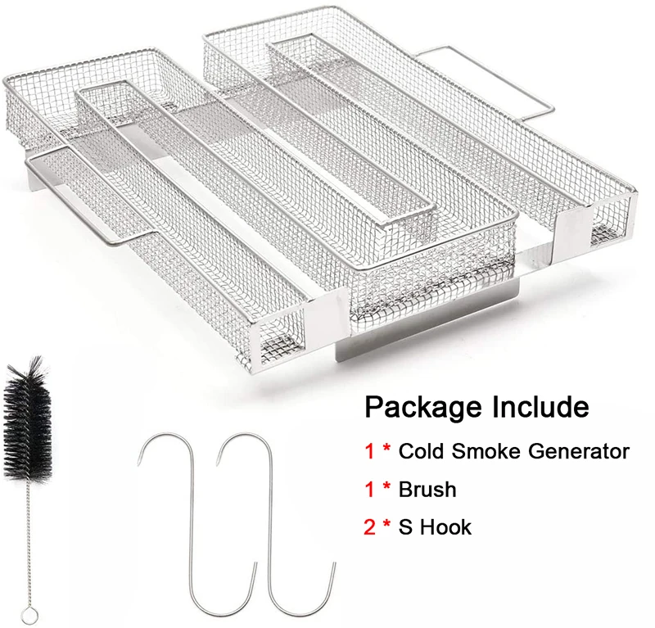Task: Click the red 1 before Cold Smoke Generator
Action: (x=370, y=451)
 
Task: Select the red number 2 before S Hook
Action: (x=371, y=527)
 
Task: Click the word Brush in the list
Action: (x=428, y=490)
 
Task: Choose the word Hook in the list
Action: (x=445, y=527)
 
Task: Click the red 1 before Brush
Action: (x=370, y=490)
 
